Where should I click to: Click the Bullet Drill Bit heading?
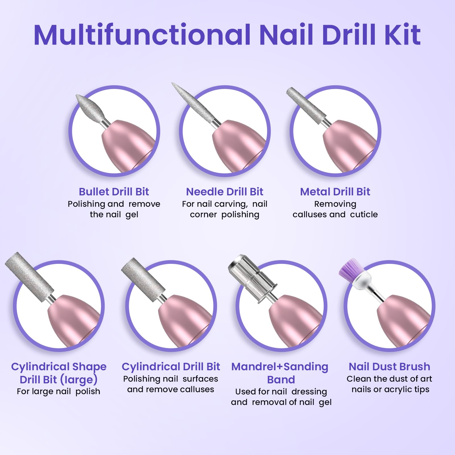point(114,192)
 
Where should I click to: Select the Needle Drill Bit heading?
point(225,192)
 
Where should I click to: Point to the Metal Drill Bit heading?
point(335,192)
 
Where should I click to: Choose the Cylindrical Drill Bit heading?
point(171,367)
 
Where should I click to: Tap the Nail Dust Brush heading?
point(389,367)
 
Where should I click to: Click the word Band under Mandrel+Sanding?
point(281,380)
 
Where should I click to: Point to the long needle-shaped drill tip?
point(193,104)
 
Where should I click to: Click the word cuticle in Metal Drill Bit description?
point(364,214)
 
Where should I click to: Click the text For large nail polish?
point(58,392)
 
